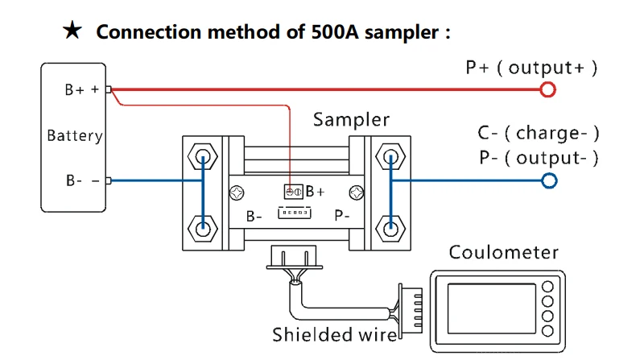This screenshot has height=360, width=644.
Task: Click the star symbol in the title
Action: (x=72, y=31)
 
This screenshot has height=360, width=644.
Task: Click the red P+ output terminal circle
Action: (x=548, y=89)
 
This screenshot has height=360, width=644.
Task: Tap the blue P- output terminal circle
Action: (x=549, y=180)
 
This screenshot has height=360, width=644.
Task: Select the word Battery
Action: (x=75, y=135)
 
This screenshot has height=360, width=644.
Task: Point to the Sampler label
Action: (x=351, y=120)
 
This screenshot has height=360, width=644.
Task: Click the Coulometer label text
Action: (x=503, y=252)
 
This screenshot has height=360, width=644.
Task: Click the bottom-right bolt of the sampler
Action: (x=390, y=226)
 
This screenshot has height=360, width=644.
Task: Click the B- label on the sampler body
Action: (x=254, y=216)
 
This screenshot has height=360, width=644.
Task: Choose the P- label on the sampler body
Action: (x=341, y=216)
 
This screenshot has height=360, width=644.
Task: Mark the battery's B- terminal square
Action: (x=109, y=180)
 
